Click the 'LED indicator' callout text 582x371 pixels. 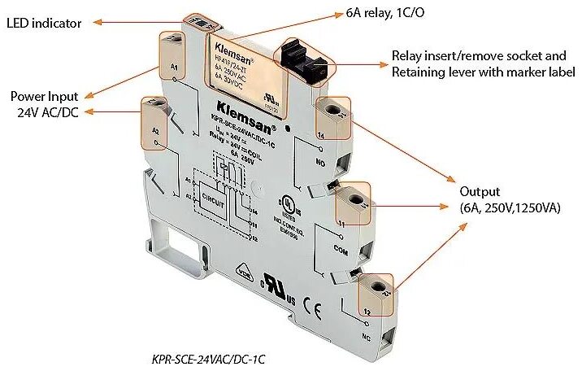[x=44, y=23]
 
